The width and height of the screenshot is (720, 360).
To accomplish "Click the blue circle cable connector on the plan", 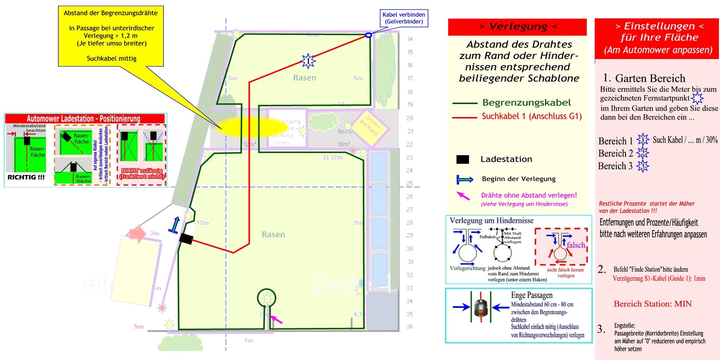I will coord(368,35).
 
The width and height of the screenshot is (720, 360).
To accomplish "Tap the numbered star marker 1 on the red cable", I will coord(308,61).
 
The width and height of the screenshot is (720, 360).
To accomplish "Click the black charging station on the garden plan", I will coord(186,238).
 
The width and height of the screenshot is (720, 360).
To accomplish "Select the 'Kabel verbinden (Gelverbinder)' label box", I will coord(404,18).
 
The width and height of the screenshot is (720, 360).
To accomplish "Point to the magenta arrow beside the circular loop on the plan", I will coord(276,319).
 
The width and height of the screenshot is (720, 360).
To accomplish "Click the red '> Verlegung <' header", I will coord(517,27).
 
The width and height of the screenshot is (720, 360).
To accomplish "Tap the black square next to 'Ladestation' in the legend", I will coord(462,159).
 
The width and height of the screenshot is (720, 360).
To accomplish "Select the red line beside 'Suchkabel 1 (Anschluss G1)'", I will coord(464,117).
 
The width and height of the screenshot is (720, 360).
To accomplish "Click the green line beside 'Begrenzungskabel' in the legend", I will coord(464,103).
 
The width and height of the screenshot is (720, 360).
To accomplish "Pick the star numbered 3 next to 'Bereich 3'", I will coord(642,166).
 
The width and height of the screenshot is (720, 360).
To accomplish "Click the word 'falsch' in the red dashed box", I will coord(576,245).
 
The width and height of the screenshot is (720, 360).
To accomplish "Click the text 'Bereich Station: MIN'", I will coord(652,304).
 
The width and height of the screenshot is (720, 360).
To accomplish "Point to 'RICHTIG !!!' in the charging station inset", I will coord(26,177).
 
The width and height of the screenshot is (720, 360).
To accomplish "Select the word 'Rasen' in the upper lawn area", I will coord(304,78).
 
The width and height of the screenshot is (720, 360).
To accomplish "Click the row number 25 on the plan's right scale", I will coord(409,183).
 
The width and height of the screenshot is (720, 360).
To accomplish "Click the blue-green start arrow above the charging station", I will coord(174,225).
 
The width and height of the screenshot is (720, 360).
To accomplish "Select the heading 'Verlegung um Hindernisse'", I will coord(491,221).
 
